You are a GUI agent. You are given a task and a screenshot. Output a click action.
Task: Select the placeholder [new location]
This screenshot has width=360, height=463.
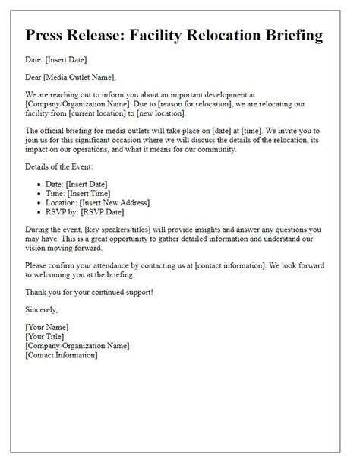[x=173, y=113]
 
